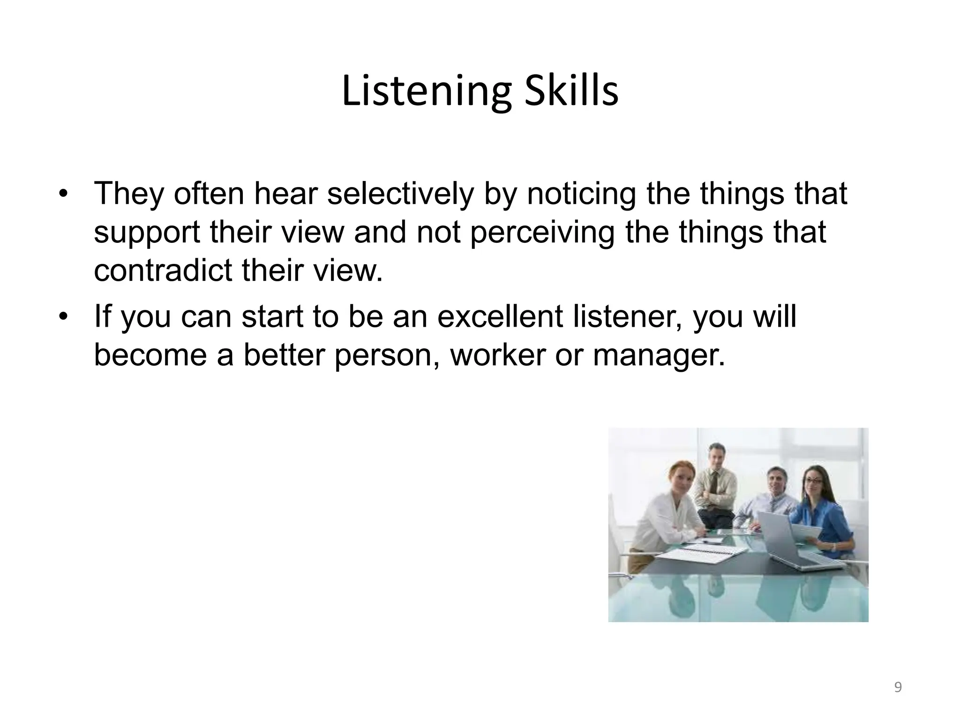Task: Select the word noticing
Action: (581, 194)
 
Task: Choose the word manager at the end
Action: (659, 355)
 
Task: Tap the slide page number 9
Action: (898, 688)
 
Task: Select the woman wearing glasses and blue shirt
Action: (818, 511)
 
